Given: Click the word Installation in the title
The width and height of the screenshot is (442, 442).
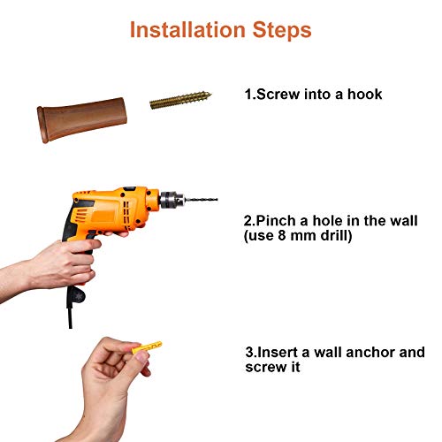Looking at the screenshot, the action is tap(187, 30).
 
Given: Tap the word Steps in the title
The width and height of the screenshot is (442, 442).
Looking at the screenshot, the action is tap(282, 31).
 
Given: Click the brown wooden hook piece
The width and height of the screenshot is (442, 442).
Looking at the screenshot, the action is tap(82, 119).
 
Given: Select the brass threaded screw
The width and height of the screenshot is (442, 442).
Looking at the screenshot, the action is tap(180, 100).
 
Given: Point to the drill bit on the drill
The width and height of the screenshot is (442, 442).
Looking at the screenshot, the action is tap(201, 200).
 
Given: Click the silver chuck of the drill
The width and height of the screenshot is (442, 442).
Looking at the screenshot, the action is tap(171, 201).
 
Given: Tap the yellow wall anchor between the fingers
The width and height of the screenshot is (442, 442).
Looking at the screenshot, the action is tap(147, 347).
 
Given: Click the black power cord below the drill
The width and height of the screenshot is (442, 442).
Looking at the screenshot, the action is tap(70, 313).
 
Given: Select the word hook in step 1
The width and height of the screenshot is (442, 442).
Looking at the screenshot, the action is tap(364, 95).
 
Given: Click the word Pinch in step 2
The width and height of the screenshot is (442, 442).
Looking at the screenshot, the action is tap(276, 221).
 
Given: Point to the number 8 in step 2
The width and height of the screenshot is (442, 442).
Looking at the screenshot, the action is tap(282, 236).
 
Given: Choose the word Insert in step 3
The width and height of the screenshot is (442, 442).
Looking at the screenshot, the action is tap(278, 352).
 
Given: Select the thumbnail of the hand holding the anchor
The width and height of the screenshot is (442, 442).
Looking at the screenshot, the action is tap(142, 357).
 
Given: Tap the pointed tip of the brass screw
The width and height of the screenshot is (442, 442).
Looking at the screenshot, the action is tap(211, 95).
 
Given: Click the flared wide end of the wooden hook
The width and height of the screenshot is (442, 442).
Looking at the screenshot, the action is tap(42, 125).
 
